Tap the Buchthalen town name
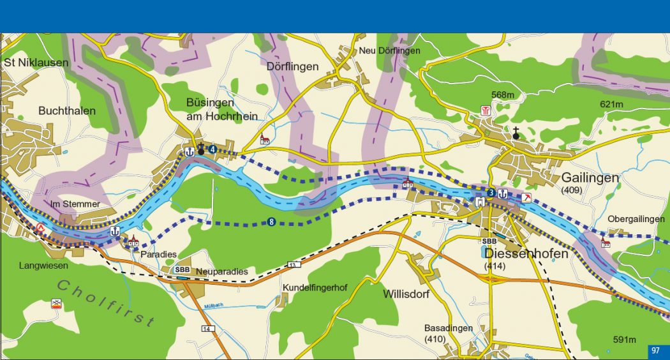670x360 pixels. point(67,110)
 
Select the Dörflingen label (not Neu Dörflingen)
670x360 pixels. point(292,66)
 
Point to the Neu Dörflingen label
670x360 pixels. point(390,50)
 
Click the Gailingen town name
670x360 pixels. point(590,177)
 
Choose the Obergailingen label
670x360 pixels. point(636,219)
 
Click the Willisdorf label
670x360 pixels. point(406,294)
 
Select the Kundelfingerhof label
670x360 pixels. point(315,287)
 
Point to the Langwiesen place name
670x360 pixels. point(43,266)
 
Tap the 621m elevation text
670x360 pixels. point(612,104)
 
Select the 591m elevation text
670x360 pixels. point(624,339)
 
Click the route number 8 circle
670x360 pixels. point(272,222)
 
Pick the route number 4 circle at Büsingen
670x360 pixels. point(212,150)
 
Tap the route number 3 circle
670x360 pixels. point(490,193)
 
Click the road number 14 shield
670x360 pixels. point(206,329)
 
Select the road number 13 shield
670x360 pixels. point(293,264)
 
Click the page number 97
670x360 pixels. point(655,350)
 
